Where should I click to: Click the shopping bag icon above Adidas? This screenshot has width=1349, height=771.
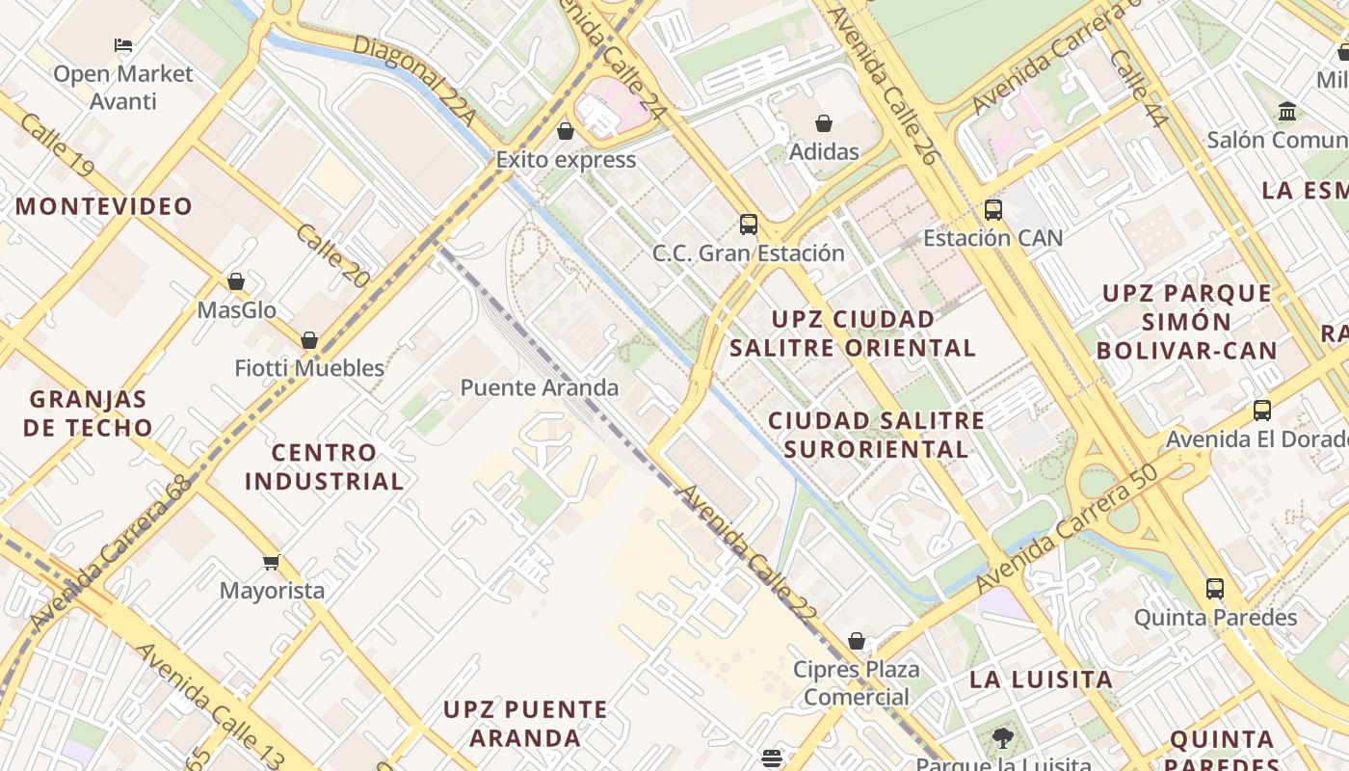pos(824,123)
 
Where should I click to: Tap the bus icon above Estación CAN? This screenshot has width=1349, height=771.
pos(993,209)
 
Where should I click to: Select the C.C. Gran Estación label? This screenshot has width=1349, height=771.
pos(749,253)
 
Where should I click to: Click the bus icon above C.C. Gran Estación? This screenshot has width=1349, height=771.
pos(749,225)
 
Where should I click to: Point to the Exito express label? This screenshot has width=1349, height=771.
pos(566,160)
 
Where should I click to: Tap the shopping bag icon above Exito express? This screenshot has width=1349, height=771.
pos(566,130)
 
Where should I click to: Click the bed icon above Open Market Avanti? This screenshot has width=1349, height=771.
pos(122,44)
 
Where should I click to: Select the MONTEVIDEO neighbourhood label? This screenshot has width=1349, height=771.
pos(104,206)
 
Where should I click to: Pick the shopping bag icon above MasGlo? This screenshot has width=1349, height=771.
pos(236,281)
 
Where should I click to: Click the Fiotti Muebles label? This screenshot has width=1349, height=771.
pos(309,368)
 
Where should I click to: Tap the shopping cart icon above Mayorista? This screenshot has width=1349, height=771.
pos(272,562)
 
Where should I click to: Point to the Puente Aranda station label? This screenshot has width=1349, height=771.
pos(540,388)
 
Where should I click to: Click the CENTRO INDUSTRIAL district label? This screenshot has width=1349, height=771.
pos(324,466)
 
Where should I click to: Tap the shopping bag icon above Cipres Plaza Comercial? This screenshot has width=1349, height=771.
pos(857,641)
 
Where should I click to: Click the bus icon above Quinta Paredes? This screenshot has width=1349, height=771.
pos(1215,588)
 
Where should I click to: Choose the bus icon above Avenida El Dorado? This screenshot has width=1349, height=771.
pos(1262,411)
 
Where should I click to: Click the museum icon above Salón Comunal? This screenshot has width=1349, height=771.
pos(1287,112)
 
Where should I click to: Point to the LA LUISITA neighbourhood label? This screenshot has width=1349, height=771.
pos(1041,679)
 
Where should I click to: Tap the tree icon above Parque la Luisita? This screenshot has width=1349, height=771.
pos(1003,739)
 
